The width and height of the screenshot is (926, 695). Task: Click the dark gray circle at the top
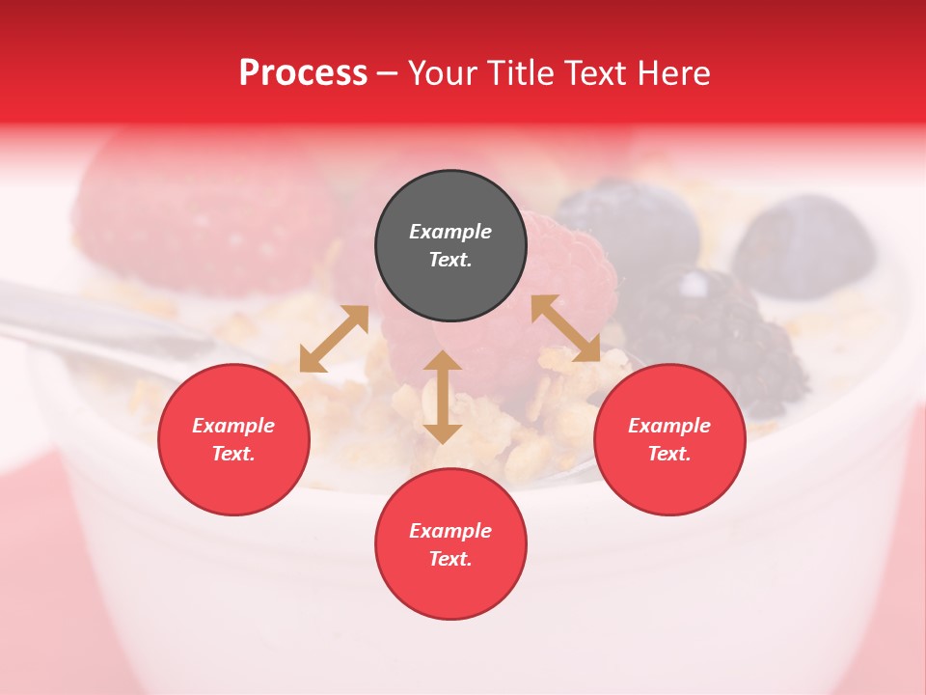[450, 246]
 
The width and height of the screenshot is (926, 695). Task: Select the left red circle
[233, 439]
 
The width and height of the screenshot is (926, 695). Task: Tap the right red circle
[669, 439]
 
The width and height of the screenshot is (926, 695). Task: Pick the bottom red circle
[450, 544]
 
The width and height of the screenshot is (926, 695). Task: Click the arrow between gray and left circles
[334, 339]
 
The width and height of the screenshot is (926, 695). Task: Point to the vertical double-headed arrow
[443, 397]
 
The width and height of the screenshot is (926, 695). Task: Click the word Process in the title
[303, 72]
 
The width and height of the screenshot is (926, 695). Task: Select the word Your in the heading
[442, 72]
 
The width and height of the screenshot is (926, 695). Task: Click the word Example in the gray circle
[450, 232]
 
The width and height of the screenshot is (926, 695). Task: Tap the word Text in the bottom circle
[449, 559]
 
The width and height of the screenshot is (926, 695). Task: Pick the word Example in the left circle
[233, 426]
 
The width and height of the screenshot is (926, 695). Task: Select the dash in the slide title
[388, 73]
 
